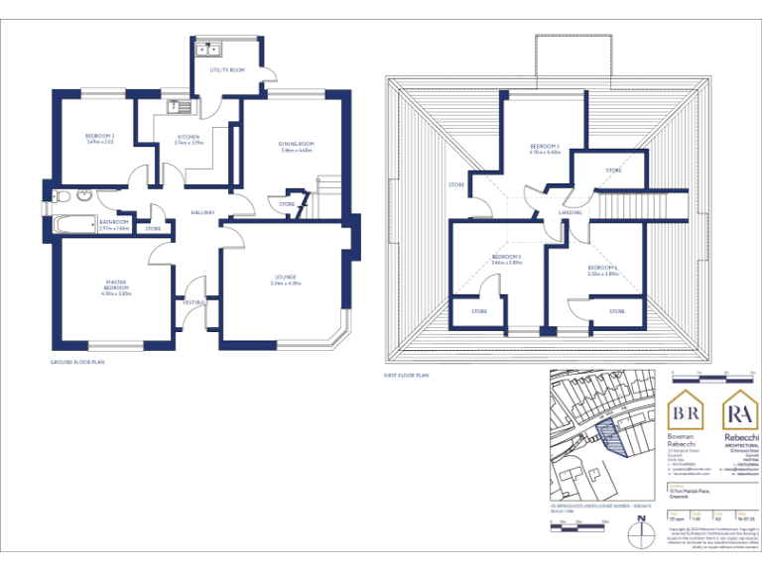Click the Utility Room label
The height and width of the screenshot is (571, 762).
coord(227,70)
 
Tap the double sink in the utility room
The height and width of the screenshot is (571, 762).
coord(209,48)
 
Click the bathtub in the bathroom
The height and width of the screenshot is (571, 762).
coord(72,225)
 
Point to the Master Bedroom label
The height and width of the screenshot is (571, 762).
coord(115,287)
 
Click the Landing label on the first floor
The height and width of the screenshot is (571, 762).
coord(571,212)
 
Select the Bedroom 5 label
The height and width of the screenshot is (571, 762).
coord(506,260)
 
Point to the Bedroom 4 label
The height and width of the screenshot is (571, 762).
coord(602,270)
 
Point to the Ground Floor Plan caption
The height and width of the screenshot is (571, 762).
coord(77,363)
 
